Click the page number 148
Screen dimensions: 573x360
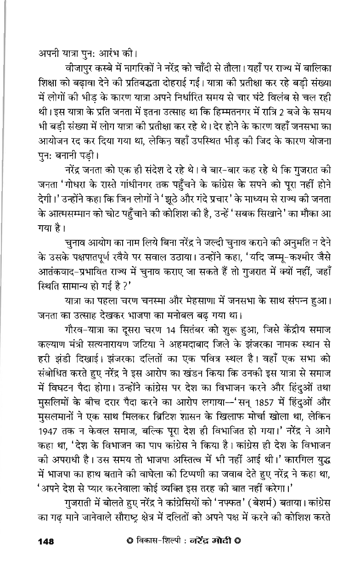coord(46,541)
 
